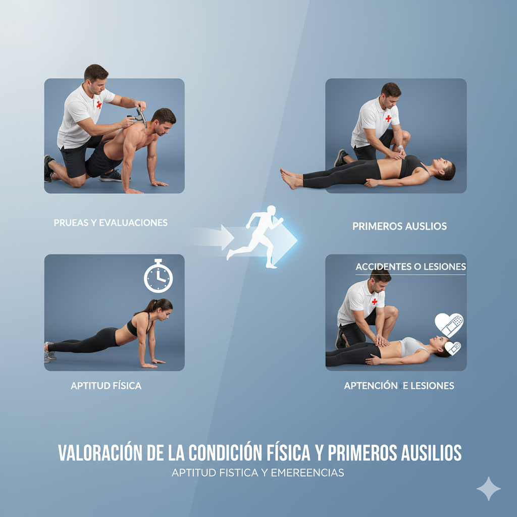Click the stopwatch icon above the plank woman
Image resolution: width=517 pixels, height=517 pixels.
[158, 277]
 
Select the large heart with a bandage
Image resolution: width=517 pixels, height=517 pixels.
[448, 325]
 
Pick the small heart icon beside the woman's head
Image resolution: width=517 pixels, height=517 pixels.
[452, 348]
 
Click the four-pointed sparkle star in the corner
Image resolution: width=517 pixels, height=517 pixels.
[488, 489]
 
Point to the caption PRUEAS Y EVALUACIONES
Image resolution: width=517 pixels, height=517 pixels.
[111, 223]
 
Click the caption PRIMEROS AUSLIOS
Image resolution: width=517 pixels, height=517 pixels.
[400, 226]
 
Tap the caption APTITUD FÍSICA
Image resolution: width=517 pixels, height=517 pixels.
[106, 385]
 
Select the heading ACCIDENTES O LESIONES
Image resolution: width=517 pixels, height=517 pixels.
[411, 267]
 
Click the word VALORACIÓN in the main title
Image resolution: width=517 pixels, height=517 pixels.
[100, 452]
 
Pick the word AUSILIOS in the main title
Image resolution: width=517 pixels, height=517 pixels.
[431, 452]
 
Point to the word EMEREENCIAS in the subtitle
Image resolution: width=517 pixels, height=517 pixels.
[307, 473]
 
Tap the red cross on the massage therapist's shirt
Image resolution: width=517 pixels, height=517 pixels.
[99, 105]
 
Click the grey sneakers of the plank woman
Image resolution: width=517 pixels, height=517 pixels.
[49, 352]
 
